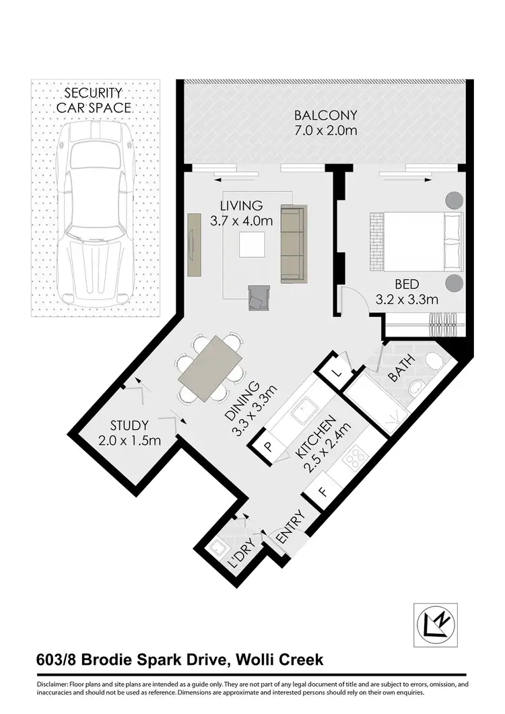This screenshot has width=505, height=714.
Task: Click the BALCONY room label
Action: point(325,114)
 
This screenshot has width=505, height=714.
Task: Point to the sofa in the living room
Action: point(292,246)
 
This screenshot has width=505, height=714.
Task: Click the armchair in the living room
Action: point(259,297)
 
